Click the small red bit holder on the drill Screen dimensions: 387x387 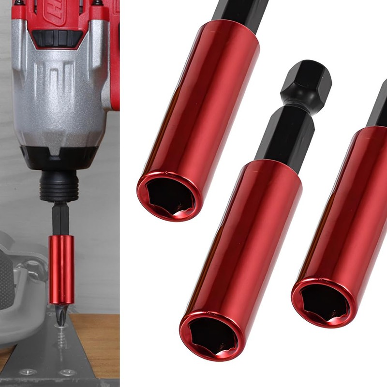tap(61, 268)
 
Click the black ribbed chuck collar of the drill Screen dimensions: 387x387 tap(59, 186)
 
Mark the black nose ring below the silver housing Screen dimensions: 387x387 tap(63, 157)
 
